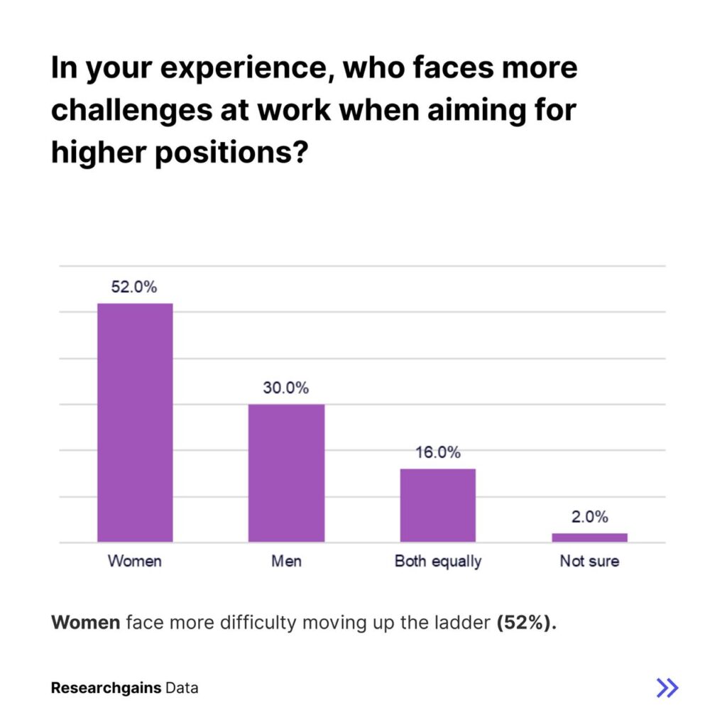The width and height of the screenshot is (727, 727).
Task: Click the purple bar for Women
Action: (x=135, y=423)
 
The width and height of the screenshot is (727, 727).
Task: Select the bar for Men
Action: (x=286, y=474)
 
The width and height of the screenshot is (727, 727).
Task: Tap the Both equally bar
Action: (x=437, y=505)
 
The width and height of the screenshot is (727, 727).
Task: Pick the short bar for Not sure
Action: (x=589, y=537)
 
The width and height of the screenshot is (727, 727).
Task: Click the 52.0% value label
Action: (x=133, y=288)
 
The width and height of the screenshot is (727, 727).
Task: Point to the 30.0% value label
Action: (x=286, y=388)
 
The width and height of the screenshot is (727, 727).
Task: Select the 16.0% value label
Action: (x=438, y=452)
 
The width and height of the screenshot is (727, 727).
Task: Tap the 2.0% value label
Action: (x=590, y=517)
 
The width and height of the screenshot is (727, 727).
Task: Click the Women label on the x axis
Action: (x=135, y=561)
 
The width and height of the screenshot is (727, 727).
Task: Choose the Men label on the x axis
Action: (x=286, y=561)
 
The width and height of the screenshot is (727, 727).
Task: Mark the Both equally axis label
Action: (x=438, y=561)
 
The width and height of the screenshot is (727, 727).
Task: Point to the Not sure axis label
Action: (x=589, y=561)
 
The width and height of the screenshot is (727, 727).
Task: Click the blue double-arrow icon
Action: (x=667, y=687)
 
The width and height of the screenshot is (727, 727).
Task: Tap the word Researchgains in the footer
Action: (x=105, y=688)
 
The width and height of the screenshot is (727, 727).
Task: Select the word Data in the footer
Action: (x=182, y=688)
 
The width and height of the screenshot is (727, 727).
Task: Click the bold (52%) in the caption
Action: (x=525, y=623)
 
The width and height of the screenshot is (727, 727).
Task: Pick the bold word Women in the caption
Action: (x=86, y=623)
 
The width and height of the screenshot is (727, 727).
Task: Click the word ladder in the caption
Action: (x=464, y=623)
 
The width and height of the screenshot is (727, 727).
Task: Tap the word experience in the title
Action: (x=232, y=69)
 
